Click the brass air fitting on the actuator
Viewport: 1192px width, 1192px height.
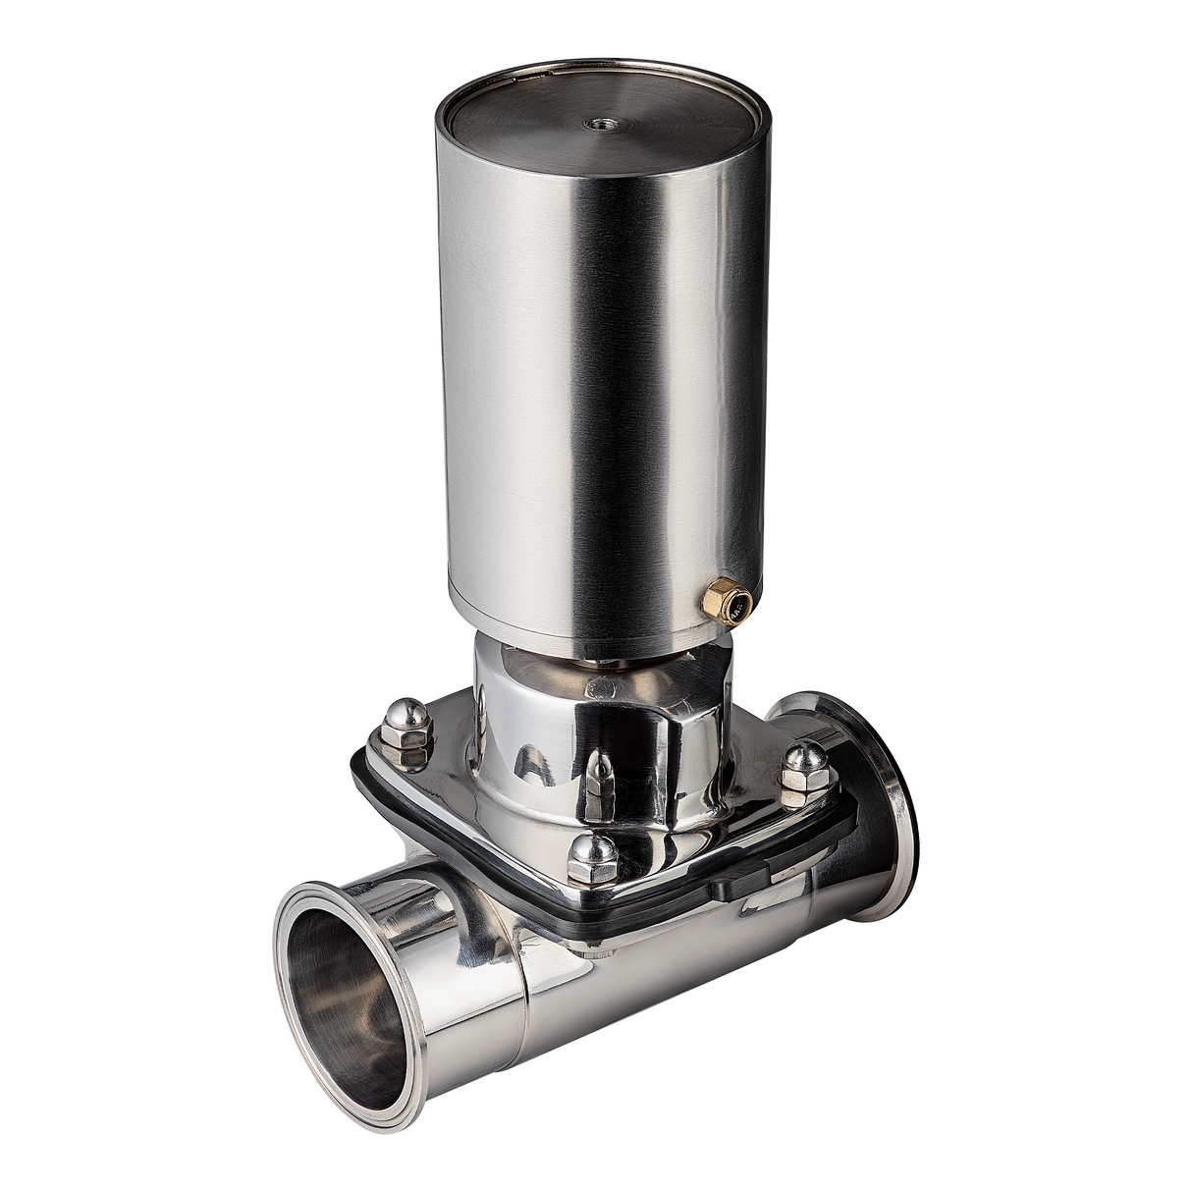tap(724, 600)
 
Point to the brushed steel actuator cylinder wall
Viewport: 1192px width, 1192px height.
tap(589, 393)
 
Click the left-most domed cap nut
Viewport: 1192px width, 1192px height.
tap(405, 728)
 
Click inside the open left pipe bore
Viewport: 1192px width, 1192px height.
tap(344, 992)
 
